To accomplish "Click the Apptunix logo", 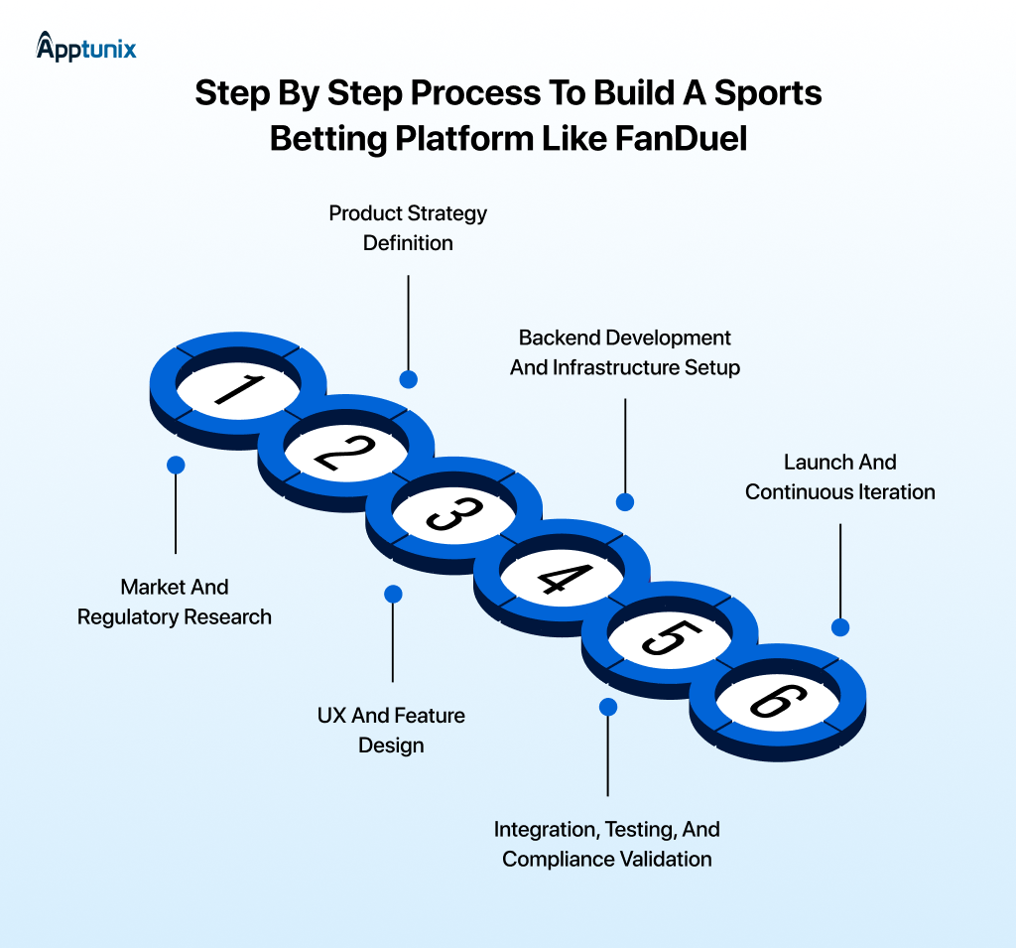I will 86,46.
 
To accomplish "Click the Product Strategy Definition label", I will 408,228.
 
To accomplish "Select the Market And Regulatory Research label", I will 175,602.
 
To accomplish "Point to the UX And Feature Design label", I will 391,730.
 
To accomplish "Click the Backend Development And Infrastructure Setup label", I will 625,352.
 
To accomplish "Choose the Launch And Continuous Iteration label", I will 840,476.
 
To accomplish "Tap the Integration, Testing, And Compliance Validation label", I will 607,844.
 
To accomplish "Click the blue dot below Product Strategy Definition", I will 408,379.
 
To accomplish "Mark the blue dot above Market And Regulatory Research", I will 176,465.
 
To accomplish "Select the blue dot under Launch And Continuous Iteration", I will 840,627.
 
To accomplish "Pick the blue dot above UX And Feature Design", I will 393,594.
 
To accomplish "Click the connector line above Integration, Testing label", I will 608,759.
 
